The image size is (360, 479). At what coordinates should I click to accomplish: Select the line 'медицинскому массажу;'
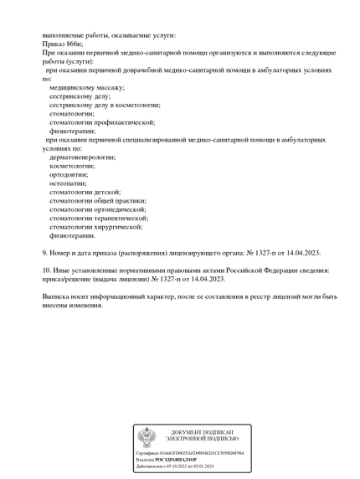point(86,87)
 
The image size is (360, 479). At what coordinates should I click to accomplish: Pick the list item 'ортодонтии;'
point(69,174)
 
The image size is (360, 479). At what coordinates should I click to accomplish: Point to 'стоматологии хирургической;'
point(95,226)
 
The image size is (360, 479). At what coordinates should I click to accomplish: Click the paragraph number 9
point(44,253)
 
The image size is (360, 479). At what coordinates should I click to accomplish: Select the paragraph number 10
point(46,270)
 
